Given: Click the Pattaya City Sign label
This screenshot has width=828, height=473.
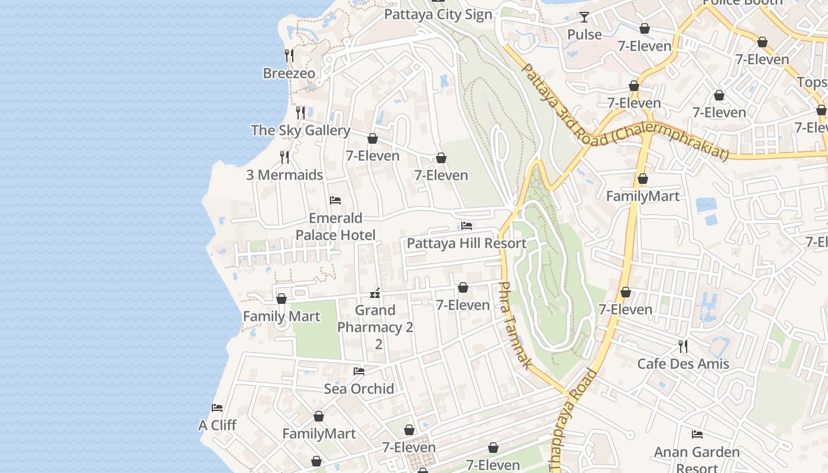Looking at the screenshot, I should [x=438, y=15].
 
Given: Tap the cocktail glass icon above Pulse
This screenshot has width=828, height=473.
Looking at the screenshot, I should [x=584, y=17].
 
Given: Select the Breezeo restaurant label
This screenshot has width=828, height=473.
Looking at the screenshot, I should [x=289, y=73].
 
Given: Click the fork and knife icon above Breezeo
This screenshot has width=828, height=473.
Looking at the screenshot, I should [x=289, y=56].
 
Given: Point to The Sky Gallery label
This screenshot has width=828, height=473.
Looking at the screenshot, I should [x=300, y=130].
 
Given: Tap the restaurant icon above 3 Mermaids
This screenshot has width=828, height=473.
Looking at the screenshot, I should [x=285, y=157].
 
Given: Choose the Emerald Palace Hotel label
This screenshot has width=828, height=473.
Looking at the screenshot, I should [x=335, y=226].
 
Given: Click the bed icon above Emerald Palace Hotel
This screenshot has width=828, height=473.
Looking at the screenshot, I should [x=335, y=200].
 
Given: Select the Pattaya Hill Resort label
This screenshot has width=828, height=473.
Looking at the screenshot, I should [x=466, y=243].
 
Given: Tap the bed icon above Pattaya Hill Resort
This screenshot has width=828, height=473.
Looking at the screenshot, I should [x=467, y=226].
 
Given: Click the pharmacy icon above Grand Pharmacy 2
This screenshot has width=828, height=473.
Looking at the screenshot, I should [x=375, y=293].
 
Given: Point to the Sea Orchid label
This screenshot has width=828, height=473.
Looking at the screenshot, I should [x=359, y=388].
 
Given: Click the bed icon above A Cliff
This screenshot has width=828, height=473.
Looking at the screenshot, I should [x=217, y=408].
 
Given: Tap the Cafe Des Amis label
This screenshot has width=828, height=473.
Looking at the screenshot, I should [x=683, y=363].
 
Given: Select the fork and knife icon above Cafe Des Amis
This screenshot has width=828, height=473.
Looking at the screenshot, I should [x=683, y=346].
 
